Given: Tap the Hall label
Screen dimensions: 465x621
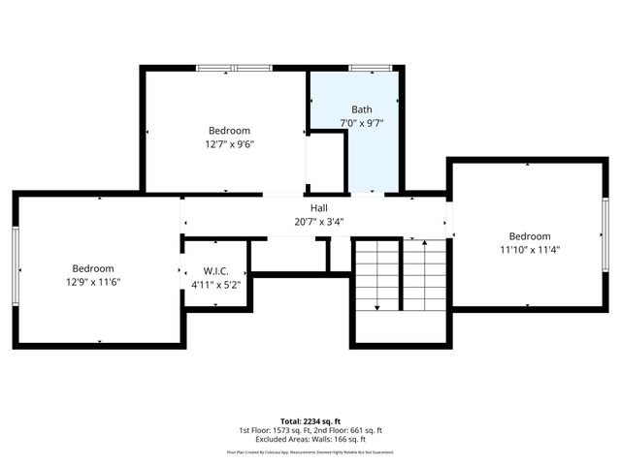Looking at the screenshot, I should (318, 208).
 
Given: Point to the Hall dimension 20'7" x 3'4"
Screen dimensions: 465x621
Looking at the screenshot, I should (318, 222).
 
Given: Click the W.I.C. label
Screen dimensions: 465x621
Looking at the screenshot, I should (215, 270).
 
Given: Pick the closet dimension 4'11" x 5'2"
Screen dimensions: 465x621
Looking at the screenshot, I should (215, 284).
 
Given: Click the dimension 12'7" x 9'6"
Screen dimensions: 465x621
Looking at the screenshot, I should (229, 144).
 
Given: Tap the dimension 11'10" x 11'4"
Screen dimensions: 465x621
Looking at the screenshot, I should (530, 250).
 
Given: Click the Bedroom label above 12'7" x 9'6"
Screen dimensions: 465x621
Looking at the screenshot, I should (229, 131).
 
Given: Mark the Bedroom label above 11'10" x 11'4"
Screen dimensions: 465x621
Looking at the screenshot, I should (530, 236).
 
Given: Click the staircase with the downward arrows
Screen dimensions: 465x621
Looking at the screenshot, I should (400, 276).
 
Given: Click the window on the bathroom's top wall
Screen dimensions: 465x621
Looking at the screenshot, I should (371, 68).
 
